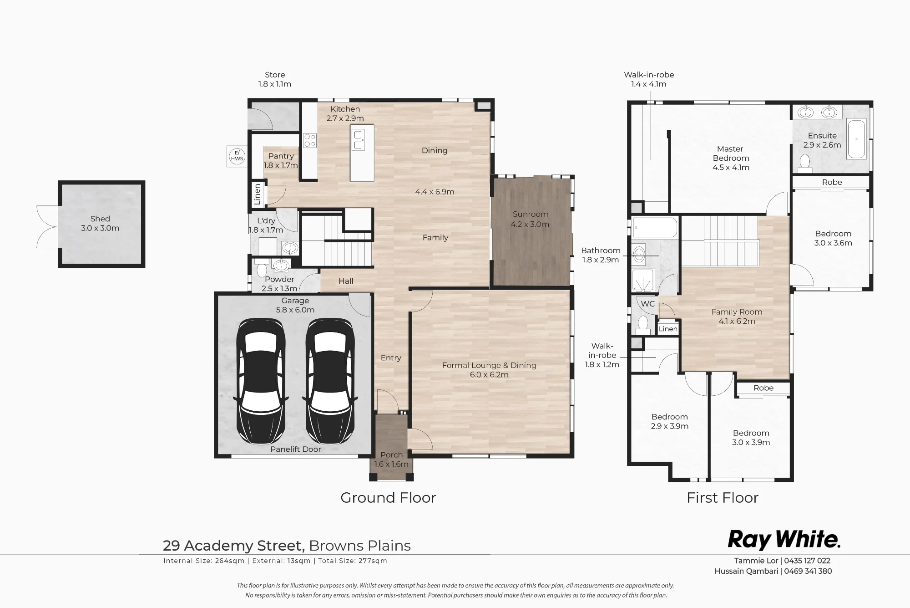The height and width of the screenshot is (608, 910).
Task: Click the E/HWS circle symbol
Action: click(237, 156)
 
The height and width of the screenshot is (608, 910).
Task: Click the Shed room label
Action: click(100, 224)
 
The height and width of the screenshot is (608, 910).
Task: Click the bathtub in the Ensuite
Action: click(856, 139)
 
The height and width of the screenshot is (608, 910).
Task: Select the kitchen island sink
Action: click(358, 140)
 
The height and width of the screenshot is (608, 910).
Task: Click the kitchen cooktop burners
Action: click(310, 140)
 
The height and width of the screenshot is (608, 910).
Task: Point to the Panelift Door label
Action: click(296, 449)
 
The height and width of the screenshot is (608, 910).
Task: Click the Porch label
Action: click(391, 455)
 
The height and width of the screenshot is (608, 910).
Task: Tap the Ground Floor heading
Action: click(388, 498)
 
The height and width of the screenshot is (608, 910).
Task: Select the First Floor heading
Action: click(723, 498)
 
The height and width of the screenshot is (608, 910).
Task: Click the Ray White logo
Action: click(784, 540)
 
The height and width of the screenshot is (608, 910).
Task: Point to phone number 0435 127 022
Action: click(807, 561)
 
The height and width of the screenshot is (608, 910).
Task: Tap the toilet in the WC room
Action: click(642, 323)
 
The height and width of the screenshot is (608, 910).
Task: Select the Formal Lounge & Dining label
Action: click(489, 365)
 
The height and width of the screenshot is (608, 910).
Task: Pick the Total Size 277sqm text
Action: click(353, 561)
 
